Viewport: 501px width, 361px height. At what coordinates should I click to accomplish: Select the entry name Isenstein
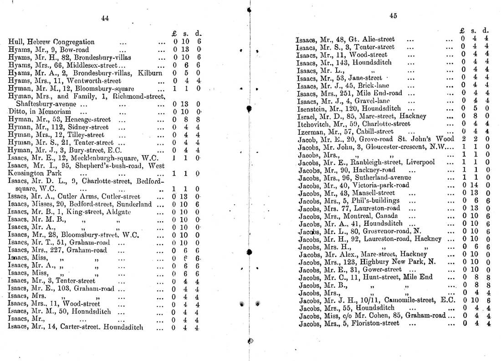312,108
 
